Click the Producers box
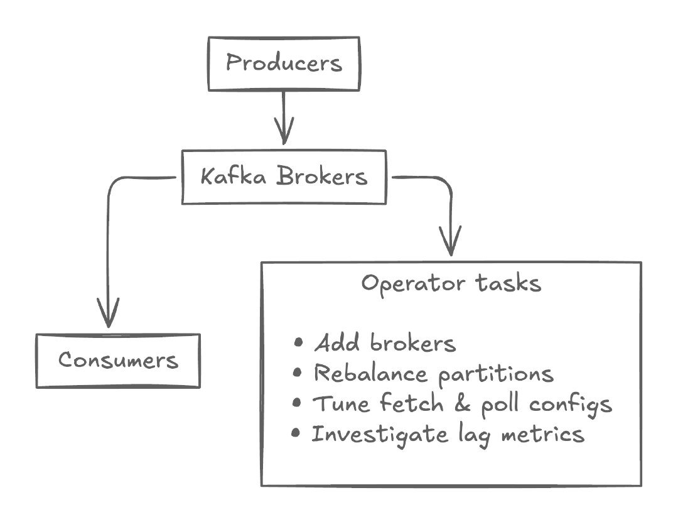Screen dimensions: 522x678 click(284, 63)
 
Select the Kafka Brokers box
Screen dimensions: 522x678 click(284, 177)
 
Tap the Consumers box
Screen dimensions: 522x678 click(118, 361)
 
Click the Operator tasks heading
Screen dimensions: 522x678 click(451, 283)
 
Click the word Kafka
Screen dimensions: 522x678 click(234, 177)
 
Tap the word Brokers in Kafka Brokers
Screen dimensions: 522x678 click(322, 177)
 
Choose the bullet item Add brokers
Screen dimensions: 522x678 click(384, 344)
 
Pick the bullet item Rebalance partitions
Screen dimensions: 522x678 click(433, 374)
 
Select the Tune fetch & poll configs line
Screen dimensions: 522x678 click(461, 404)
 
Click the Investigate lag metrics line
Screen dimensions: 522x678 click(448, 434)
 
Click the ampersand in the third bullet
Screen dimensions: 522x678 click(463, 404)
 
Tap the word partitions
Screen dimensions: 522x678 click(496, 374)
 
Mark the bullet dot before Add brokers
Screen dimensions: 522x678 click(298, 343)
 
